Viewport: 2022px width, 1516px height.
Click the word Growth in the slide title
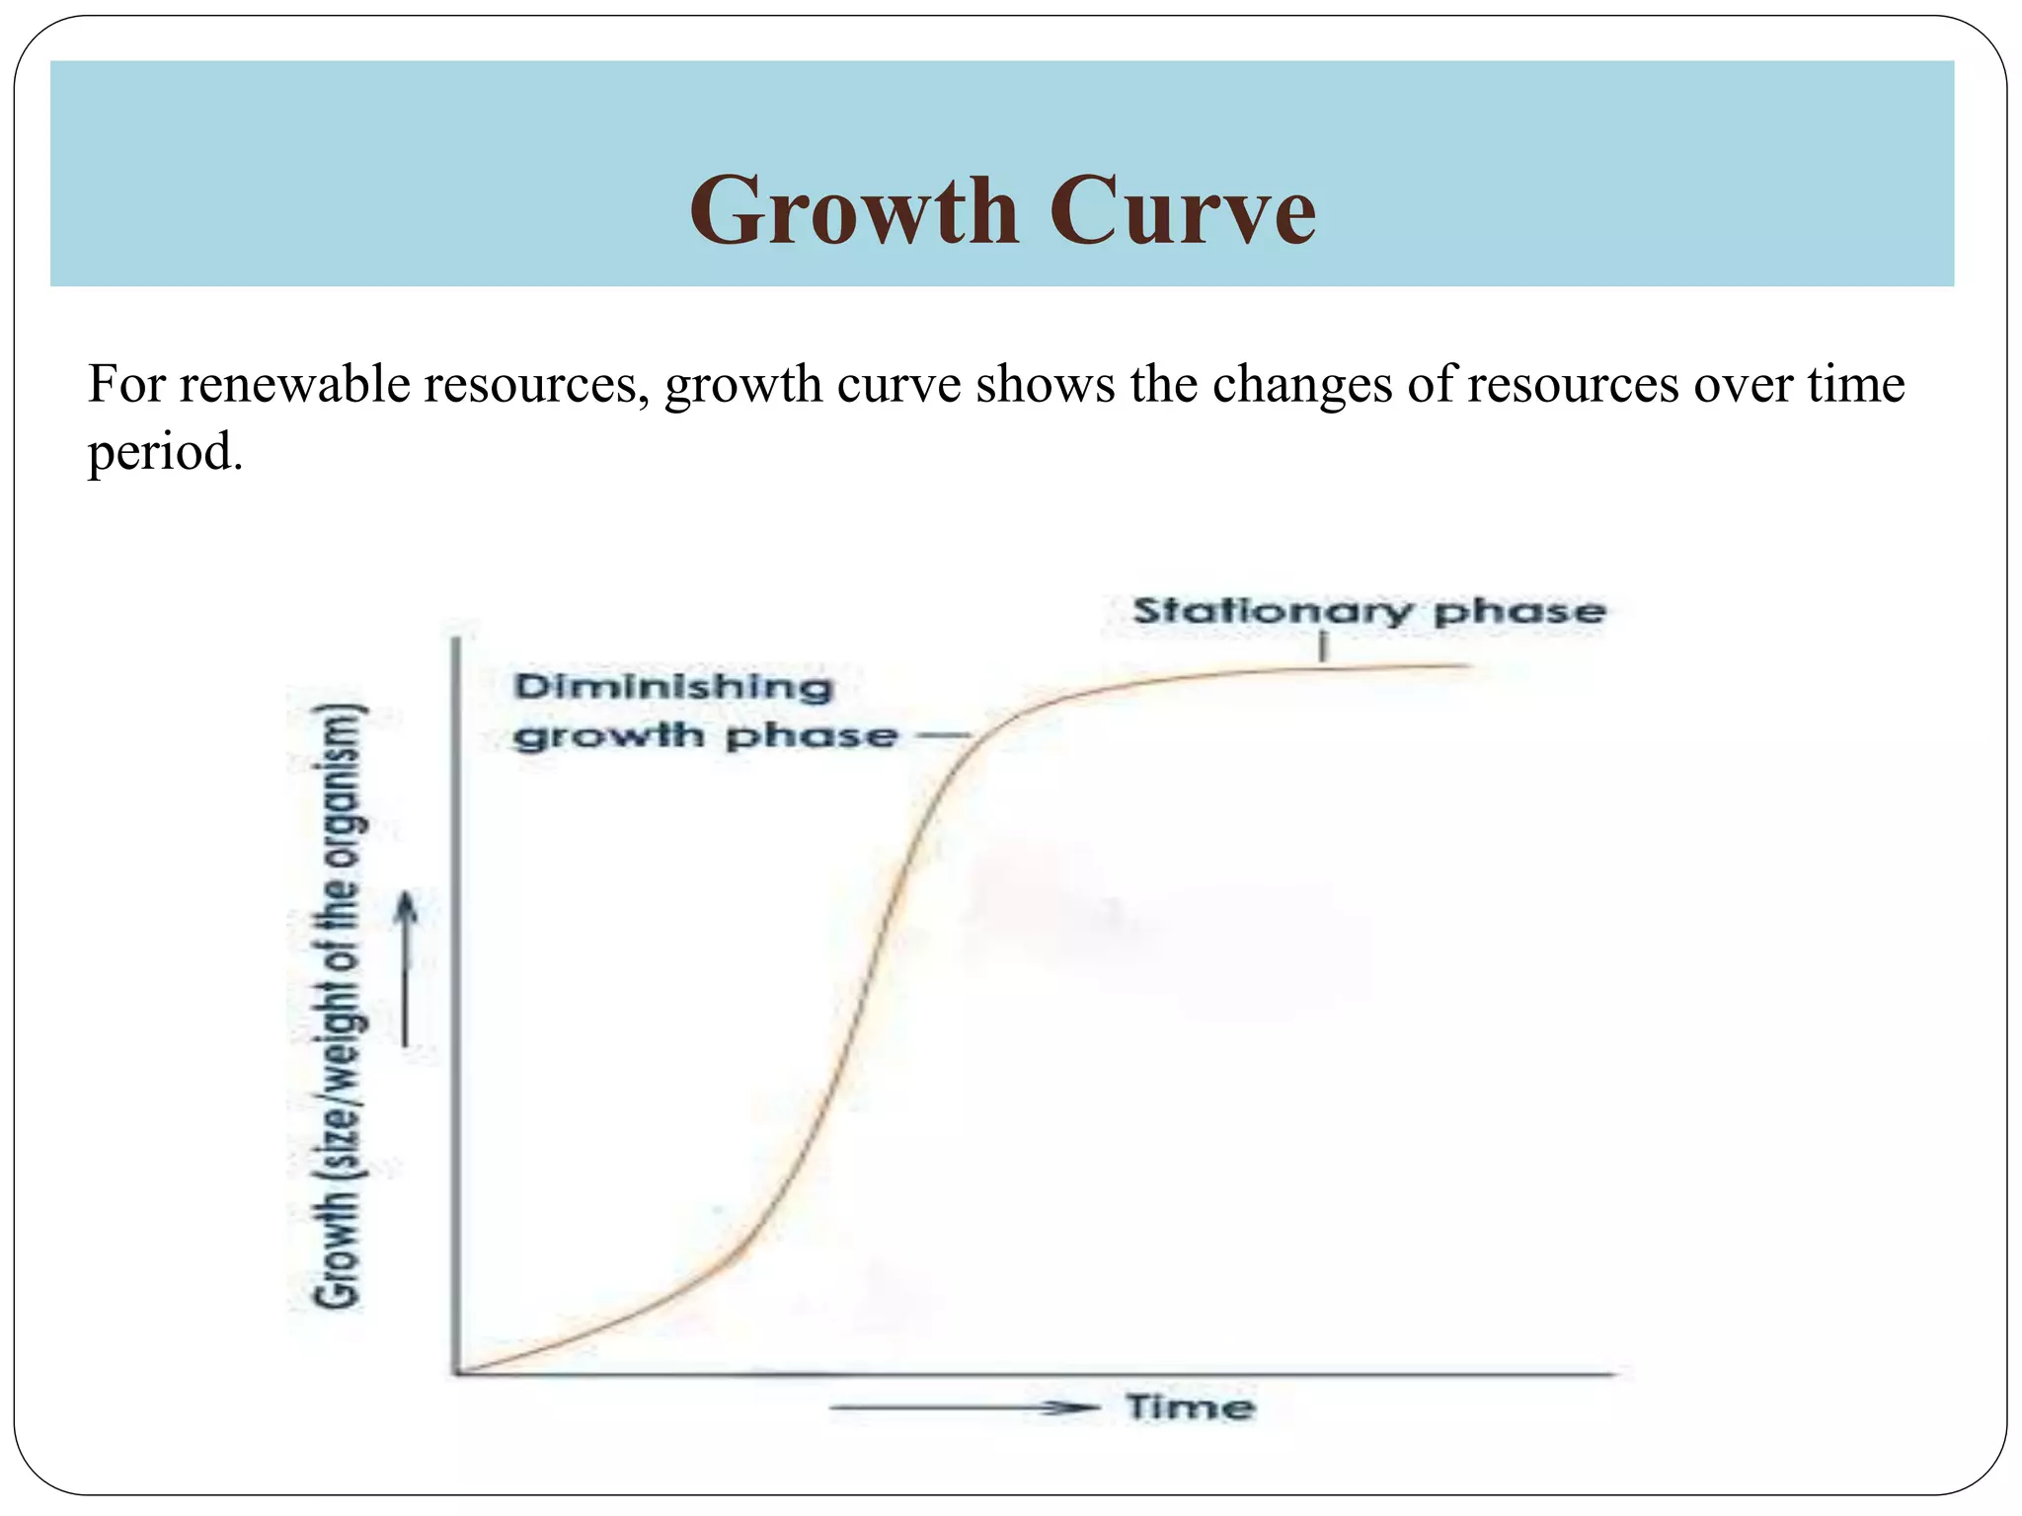point(854,211)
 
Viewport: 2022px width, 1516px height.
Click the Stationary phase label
point(1368,611)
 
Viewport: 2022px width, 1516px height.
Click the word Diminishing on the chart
point(673,687)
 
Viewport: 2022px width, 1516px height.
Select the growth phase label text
point(705,736)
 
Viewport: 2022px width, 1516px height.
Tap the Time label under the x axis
point(1191,1407)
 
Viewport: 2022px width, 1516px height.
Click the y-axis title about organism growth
point(339,1007)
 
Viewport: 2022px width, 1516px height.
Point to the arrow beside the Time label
point(965,1408)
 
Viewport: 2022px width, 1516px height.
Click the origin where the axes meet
point(456,1373)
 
